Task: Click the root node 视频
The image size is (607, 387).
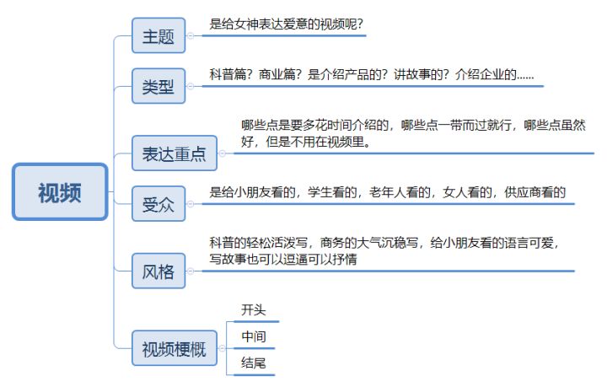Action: coord(60,192)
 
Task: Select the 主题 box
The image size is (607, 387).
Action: coord(158,35)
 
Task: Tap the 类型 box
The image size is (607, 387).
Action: coord(158,86)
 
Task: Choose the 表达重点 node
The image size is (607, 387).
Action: coord(175,153)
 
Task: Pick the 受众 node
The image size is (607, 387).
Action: coord(158,203)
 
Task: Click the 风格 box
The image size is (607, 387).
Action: coord(158,271)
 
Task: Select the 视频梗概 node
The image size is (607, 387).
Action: coord(175,348)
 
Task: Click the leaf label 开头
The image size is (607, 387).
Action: coord(254,310)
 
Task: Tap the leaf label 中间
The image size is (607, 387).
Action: coord(254,336)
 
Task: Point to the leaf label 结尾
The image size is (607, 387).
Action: coord(254,363)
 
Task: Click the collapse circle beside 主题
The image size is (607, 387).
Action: coord(190,35)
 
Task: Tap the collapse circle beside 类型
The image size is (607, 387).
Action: coord(190,86)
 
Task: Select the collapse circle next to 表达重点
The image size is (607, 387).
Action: coord(222,153)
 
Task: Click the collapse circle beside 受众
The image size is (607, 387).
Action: coord(190,203)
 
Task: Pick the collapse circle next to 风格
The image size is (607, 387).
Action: coord(190,271)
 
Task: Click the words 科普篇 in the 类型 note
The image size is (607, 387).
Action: coord(228,74)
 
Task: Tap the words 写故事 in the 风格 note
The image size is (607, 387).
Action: coord(228,259)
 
